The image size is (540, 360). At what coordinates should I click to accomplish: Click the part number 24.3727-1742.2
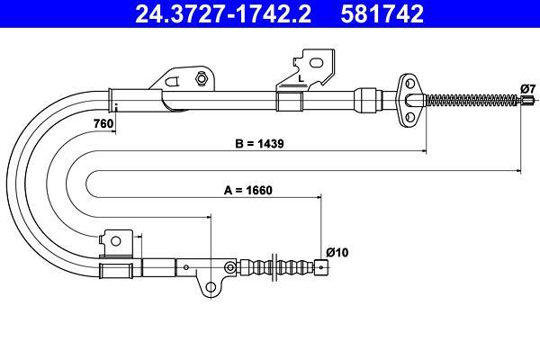(223, 13)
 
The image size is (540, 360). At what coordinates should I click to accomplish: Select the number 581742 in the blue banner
(382, 13)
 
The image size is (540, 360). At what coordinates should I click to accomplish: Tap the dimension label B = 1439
(260, 143)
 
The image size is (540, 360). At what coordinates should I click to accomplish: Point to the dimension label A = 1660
(248, 190)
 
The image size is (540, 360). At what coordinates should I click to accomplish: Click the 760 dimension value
(103, 123)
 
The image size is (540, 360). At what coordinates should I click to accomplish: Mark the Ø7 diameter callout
(528, 89)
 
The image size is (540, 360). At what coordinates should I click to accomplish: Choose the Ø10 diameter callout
(337, 252)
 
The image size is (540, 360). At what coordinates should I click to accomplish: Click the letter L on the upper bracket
(301, 78)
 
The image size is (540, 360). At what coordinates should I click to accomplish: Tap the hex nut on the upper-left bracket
(201, 78)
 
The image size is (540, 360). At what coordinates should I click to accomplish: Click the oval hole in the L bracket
(317, 63)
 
